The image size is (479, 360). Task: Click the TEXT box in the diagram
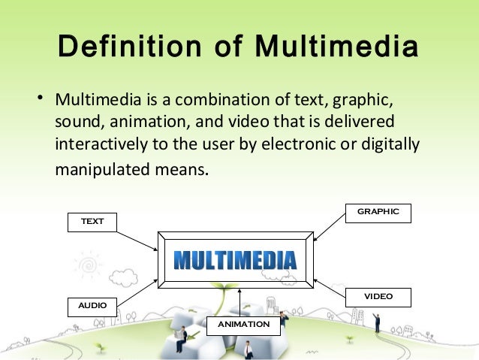pyautogui.click(x=93, y=221)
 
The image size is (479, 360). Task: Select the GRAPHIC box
pyautogui.click(x=378, y=212)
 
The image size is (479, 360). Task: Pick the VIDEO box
pyautogui.click(x=378, y=297)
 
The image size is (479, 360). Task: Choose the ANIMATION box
pyautogui.click(x=243, y=325)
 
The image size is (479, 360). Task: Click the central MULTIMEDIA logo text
pyautogui.click(x=235, y=260)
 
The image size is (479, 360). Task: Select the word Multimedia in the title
pyautogui.click(x=336, y=49)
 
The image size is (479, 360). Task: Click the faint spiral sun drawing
pyautogui.click(x=89, y=266)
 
